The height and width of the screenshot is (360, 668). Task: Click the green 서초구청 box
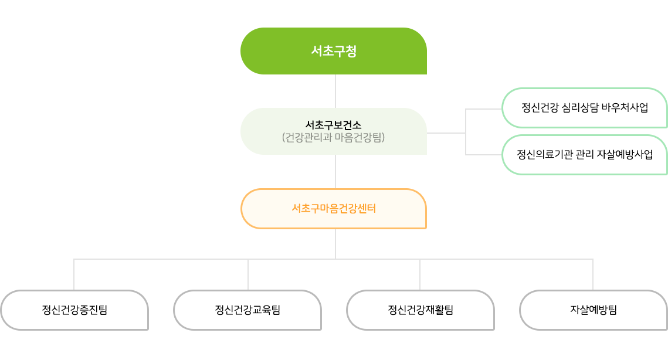pos(333,51)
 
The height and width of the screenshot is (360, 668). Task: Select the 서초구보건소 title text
pos(333,125)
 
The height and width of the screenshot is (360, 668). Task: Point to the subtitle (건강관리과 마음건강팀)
pos(333,138)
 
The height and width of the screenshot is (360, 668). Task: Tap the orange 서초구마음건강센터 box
pos(333,208)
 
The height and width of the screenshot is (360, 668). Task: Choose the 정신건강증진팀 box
pos(74,310)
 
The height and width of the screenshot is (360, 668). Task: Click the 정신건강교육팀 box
pos(247,310)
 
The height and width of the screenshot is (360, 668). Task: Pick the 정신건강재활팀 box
pos(421,310)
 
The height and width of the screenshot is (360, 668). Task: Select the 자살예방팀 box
pos(593,310)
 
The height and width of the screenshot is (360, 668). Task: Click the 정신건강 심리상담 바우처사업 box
pos(584,108)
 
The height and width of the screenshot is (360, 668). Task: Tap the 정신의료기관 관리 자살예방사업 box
pos(584,155)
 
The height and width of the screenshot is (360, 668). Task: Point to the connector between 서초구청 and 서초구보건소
pos(335,91)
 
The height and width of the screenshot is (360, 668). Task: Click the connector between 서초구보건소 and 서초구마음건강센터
pos(335,171)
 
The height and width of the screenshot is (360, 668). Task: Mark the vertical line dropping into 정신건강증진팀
pos(74,274)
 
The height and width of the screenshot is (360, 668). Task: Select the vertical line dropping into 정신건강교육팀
pos(248,274)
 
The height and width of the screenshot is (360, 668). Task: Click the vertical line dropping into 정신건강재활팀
pos(420,274)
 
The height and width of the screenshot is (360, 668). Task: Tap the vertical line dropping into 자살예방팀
pos(593,274)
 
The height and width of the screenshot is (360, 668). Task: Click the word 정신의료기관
pos(541,155)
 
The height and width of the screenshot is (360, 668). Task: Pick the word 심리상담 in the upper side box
pos(581,108)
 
